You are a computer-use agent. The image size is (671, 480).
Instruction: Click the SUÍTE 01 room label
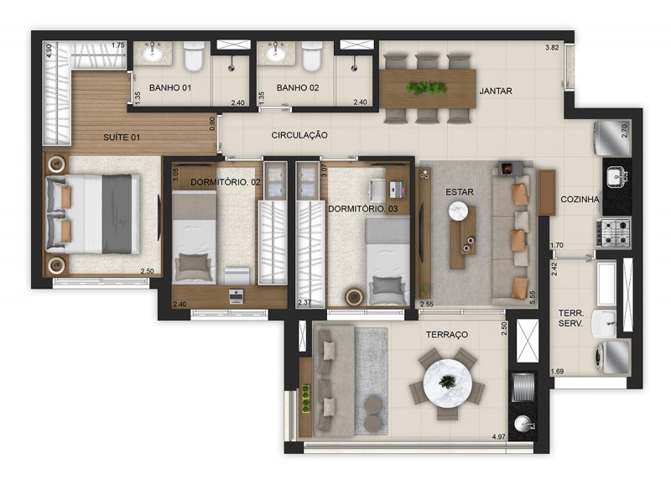tap(122, 138)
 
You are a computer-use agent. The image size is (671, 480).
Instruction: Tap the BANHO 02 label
tap(298, 88)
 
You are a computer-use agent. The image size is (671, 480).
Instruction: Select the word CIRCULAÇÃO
tap(299, 135)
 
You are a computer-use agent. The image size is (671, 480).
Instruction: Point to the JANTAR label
tap(496, 91)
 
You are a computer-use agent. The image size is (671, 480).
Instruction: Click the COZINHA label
tap(580, 199)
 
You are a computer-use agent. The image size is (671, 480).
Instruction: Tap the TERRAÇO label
tap(447, 335)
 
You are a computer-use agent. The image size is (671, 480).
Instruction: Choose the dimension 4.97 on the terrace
tap(499, 436)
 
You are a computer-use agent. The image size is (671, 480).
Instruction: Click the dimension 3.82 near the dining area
tap(552, 48)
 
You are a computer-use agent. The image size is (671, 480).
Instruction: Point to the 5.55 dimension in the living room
tap(533, 298)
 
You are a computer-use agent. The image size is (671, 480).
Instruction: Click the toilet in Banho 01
tap(194, 56)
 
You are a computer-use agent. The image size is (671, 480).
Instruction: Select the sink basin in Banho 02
tap(274, 54)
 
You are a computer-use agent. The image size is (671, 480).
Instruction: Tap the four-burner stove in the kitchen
tap(614, 233)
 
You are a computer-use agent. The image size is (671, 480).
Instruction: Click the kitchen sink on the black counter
tap(617, 177)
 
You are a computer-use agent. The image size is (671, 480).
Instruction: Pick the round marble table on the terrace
tap(448, 383)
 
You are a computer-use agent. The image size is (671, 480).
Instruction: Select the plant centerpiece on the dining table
tap(426, 88)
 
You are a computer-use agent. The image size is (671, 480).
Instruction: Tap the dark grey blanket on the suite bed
tap(117, 214)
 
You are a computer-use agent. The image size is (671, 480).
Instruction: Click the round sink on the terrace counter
tap(523, 425)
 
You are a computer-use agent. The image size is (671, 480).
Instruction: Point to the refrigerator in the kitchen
tap(612, 138)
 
